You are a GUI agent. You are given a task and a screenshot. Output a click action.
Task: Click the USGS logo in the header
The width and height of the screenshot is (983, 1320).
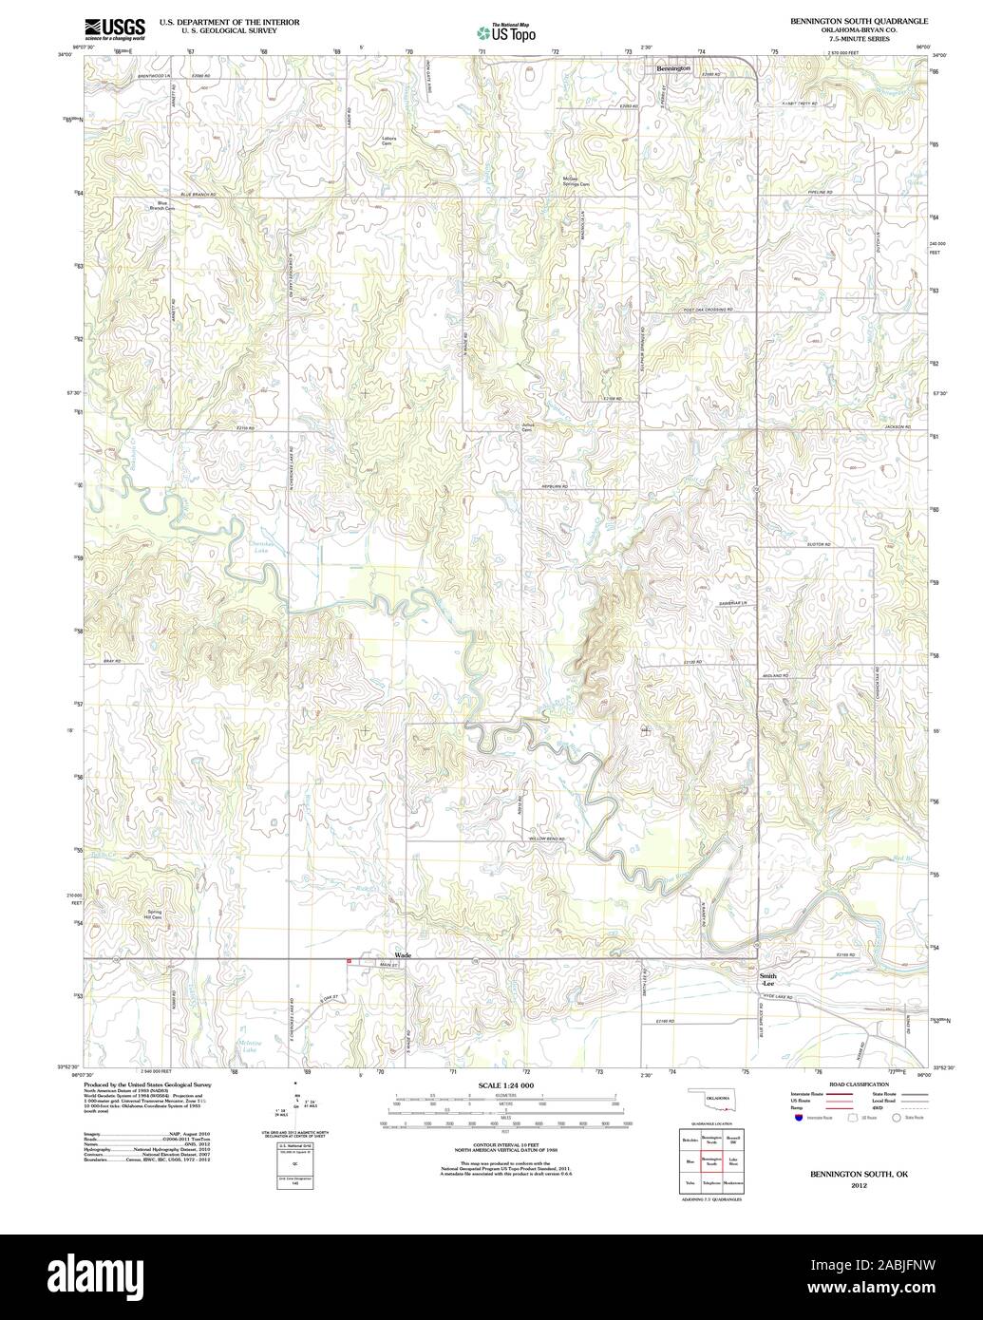(115, 28)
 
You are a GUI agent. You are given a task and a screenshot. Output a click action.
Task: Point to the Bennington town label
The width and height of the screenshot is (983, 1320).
(673, 68)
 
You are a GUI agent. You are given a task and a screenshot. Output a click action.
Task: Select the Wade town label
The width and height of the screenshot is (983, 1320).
(403, 953)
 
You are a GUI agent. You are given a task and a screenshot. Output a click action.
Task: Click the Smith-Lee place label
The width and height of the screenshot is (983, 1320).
(767, 980)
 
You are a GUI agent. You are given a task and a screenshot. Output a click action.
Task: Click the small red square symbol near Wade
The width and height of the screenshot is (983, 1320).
(350, 962)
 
